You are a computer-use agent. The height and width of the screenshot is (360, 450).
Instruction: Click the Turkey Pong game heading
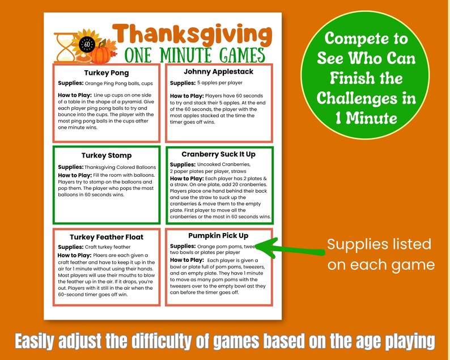click(106, 73)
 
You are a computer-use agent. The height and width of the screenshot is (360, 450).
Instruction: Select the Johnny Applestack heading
click(218, 72)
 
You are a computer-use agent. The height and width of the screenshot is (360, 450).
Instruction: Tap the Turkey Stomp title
click(106, 155)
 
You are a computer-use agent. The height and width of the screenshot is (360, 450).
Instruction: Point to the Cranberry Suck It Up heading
click(218, 154)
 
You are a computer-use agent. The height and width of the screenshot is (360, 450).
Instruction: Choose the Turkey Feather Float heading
click(106, 237)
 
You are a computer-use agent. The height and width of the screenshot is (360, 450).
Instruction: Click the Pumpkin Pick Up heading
click(218, 235)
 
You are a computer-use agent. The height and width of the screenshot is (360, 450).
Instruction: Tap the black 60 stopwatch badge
click(87, 43)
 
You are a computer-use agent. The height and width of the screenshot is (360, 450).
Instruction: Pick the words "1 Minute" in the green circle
click(366, 118)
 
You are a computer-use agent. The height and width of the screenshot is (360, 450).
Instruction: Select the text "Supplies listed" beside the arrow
click(379, 244)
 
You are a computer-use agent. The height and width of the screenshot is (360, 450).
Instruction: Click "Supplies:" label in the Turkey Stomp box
click(71, 167)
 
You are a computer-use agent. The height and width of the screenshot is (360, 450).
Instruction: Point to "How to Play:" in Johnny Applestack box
click(186, 96)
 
